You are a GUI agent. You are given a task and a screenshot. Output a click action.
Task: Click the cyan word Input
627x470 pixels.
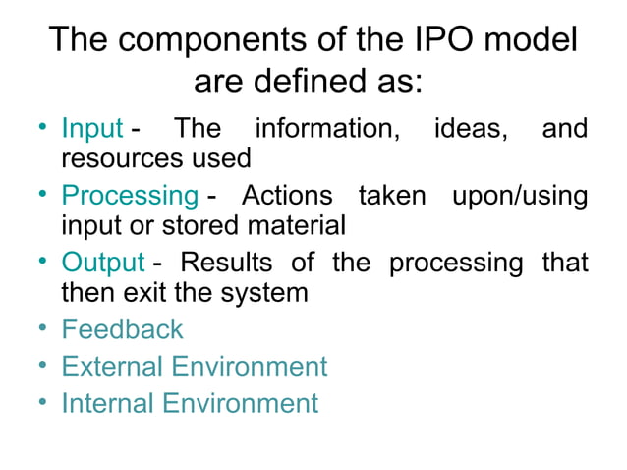coord(91,129)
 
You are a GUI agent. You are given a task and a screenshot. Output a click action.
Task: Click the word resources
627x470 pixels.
coord(126,157)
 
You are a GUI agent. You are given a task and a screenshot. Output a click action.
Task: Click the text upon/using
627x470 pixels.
coord(519,196)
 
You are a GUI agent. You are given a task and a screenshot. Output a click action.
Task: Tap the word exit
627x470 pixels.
coord(152,292)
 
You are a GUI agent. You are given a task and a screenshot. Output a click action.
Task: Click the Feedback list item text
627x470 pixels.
coord(122,328)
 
